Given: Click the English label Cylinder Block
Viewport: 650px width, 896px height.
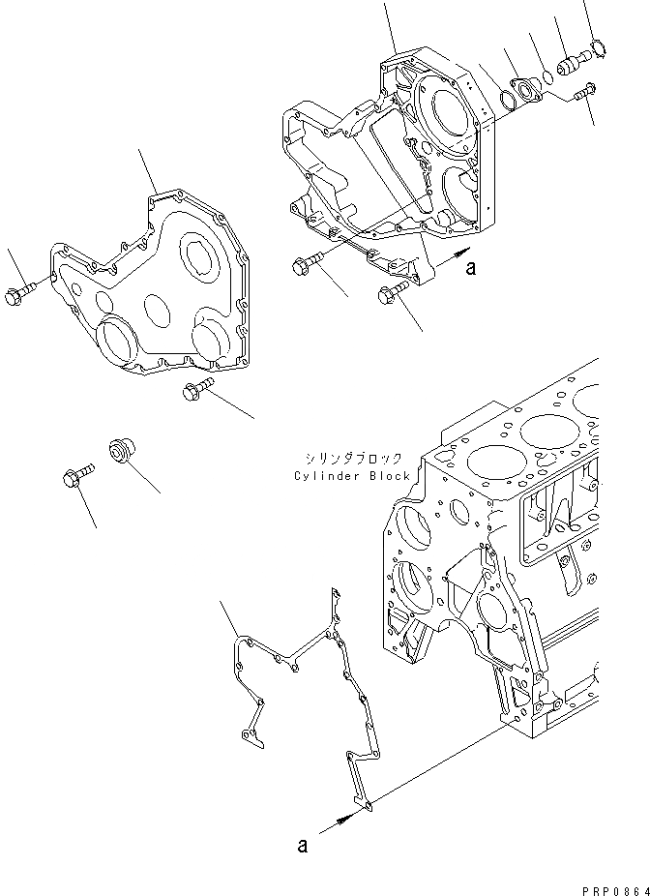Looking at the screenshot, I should tap(354, 476).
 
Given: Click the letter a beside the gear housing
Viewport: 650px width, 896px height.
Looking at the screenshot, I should tap(470, 270).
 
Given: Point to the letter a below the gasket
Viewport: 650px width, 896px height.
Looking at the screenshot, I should tap(302, 846).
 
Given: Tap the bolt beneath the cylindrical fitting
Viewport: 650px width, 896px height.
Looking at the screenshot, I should tap(581, 94).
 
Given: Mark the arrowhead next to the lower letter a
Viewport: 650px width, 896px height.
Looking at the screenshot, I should tap(340, 820).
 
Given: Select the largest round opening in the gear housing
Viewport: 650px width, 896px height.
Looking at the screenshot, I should tap(446, 113).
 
